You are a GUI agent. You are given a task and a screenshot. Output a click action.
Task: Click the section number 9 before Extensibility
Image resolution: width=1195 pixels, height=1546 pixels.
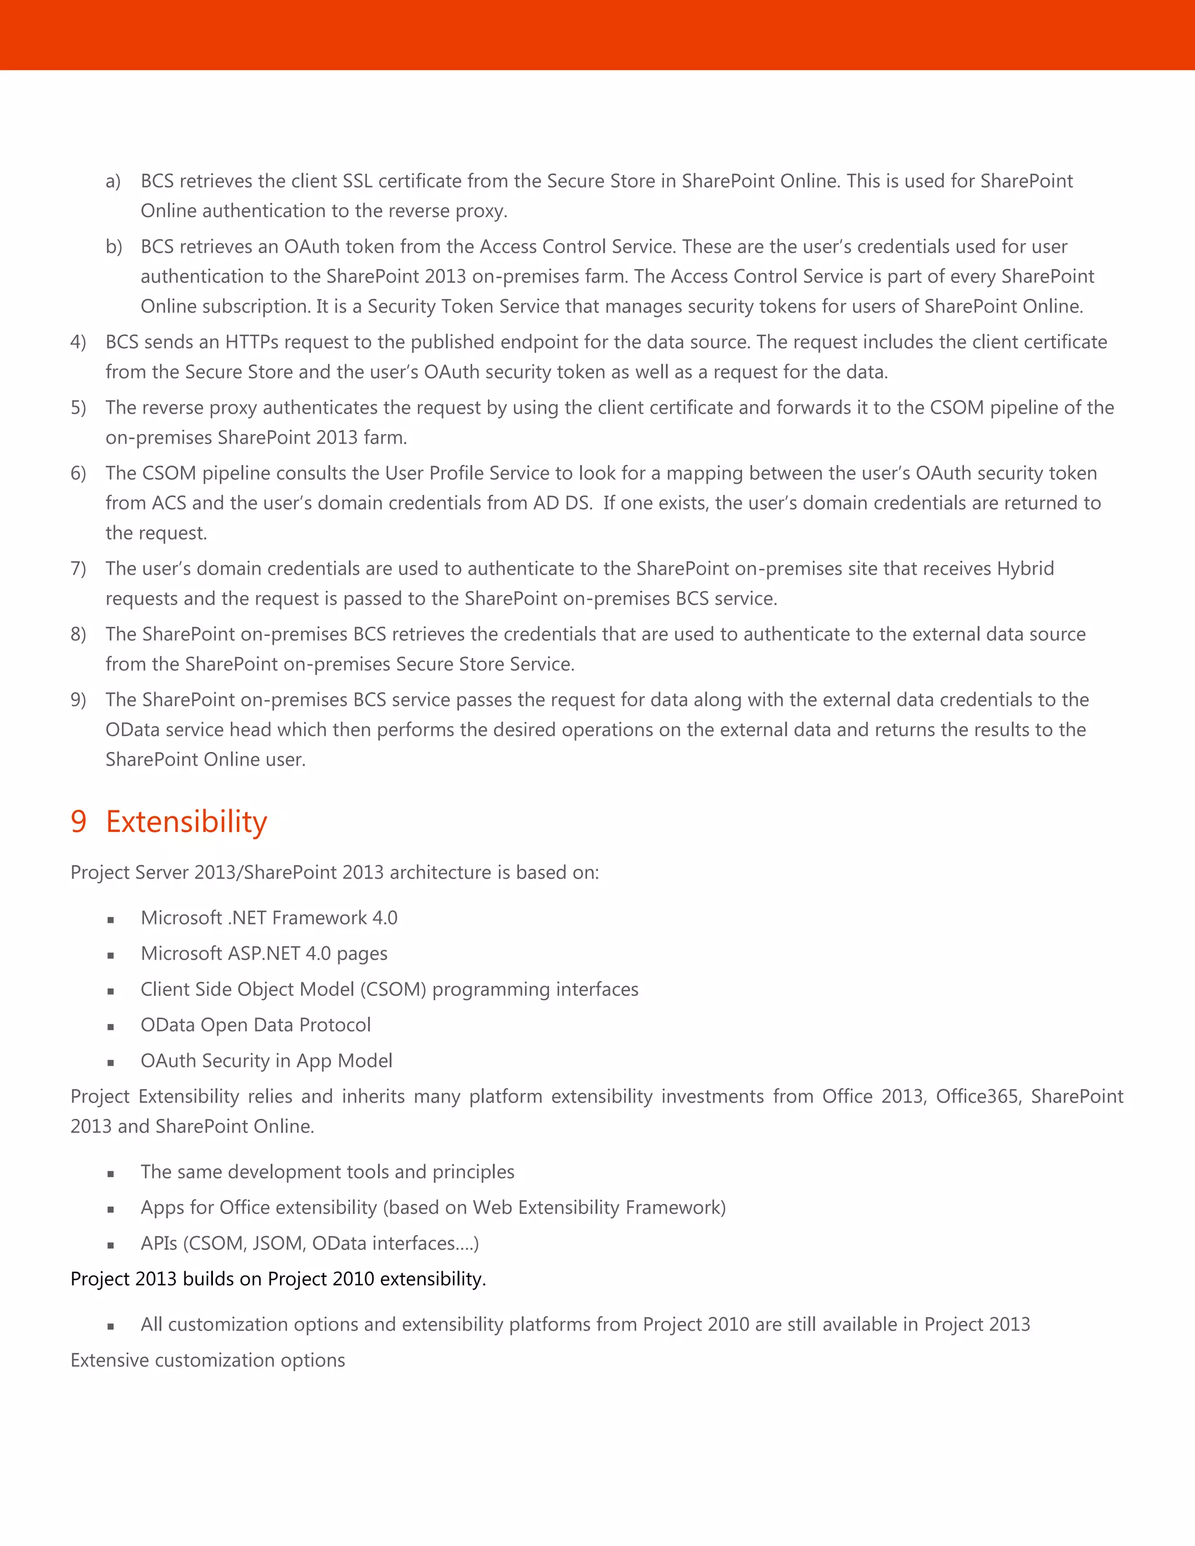[79, 822]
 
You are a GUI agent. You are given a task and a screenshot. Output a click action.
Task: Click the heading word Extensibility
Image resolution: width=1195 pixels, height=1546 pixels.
[186, 822]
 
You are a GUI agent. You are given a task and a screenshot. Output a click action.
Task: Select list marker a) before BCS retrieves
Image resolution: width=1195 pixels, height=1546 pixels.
[113, 181]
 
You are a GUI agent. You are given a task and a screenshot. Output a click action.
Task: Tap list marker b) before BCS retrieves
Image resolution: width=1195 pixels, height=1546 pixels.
[113, 247]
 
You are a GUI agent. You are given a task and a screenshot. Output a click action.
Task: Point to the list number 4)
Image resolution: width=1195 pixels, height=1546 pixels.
[78, 342]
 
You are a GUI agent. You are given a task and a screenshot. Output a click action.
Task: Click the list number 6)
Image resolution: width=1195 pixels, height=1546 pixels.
[78, 474]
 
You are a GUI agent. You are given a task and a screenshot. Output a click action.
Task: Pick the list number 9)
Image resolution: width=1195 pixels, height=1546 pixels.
[78, 700]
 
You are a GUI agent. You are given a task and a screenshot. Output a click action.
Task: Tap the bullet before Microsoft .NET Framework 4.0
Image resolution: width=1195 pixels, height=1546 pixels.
[110, 919]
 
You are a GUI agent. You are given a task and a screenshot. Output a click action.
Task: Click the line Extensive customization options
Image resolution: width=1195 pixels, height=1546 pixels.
[207, 1360]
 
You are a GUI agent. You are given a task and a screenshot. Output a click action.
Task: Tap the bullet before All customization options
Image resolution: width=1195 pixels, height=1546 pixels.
[110, 1327]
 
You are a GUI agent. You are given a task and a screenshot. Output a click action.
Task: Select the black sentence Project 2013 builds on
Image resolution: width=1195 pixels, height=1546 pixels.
[278, 1279]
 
